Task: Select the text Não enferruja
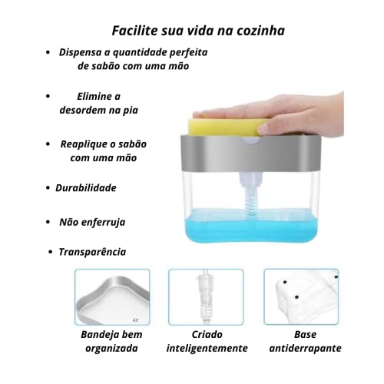(x=92, y=221)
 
